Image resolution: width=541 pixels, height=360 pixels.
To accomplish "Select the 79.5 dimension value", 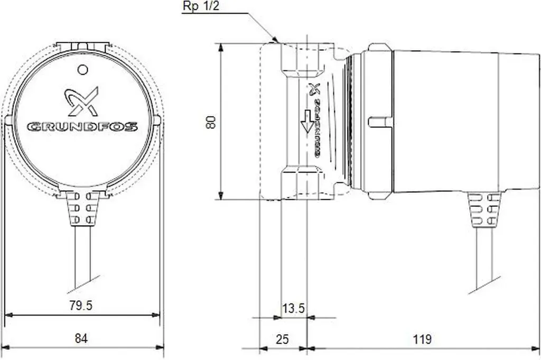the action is point(81,306).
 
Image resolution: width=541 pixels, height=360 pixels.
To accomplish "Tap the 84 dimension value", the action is point(81,338).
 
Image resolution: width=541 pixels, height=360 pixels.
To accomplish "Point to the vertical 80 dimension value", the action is point(211,122).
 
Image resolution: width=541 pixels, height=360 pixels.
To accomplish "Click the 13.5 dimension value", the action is point(293,308).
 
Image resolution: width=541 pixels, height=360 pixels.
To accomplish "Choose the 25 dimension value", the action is point(282,339).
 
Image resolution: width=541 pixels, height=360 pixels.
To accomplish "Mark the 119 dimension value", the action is point(422,339).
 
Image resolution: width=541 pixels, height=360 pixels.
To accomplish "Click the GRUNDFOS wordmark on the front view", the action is point(82,127).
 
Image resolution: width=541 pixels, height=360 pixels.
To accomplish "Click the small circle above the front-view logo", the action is point(83,70).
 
